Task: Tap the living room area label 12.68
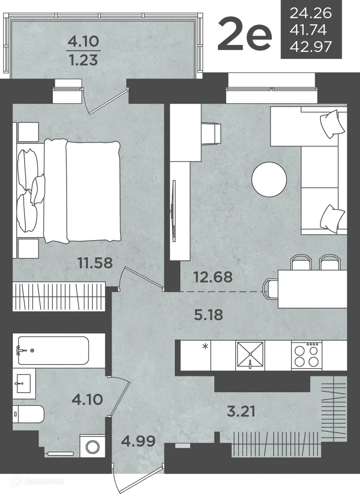click(x=213, y=277)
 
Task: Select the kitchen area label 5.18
click(x=208, y=315)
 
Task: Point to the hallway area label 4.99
click(x=138, y=441)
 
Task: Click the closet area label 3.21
click(x=241, y=411)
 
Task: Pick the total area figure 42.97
click(x=311, y=46)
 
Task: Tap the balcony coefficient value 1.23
click(x=84, y=60)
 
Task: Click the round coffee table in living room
click(x=269, y=179)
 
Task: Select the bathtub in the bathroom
click(x=53, y=350)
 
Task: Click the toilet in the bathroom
click(x=28, y=414)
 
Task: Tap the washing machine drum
click(x=93, y=448)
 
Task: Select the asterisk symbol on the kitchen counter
click(x=205, y=347)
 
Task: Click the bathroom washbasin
click(x=24, y=383)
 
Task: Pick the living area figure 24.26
click(x=311, y=13)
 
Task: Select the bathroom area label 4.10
click(x=87, y=400)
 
